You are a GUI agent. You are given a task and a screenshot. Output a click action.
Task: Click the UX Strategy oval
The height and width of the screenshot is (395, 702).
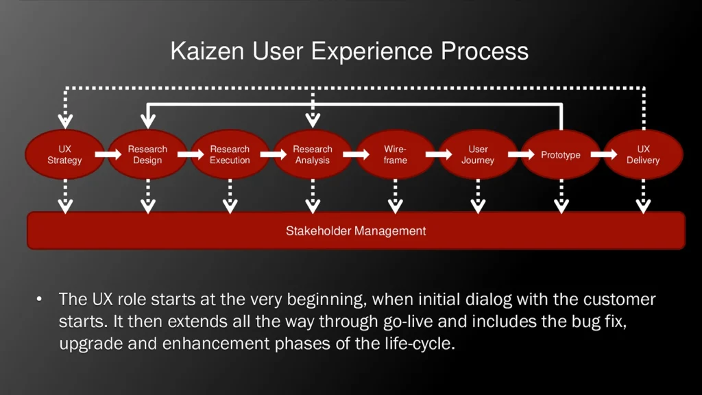pyautogui.click(x=64, y=155)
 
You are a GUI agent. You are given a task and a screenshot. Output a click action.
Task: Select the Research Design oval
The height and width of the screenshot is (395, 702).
pyautogui.click(x=147, y=155)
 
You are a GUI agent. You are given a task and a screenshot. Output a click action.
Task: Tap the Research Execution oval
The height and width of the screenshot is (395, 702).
pyautogui.click(x=230, y=155)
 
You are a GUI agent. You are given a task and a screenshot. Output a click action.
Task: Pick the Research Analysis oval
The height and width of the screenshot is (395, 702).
pyautogui.click(x=313, y=155)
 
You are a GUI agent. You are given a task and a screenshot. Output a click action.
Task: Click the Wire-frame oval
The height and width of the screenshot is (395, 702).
pyautogui.click(x=395, y=155)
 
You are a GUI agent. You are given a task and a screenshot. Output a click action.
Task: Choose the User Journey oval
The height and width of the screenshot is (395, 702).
pyautogui.click(x=478, y=155)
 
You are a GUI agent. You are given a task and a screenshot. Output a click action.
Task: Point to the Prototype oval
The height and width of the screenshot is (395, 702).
pyautogui.click(x=561, y=155)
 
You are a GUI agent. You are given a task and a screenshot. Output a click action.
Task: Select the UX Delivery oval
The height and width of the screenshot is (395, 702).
pyautogui.click(x=643, y=155)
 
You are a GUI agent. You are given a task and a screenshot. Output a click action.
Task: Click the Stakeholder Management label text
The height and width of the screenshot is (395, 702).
pyautogui.click(x=356, y=231)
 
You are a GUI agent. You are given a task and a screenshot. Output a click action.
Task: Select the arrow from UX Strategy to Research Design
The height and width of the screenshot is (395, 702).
pyautogui.click(x=107, y=155)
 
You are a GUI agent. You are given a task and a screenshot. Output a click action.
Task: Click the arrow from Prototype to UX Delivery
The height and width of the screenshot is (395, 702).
pyautogui.click(x=603, y=155)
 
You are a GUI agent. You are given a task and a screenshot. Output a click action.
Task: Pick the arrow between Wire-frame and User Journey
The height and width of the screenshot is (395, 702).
pyautogui.click(x=437, y=155)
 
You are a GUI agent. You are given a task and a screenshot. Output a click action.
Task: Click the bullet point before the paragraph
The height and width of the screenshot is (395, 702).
pyautogui.click(x=40, y=300)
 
